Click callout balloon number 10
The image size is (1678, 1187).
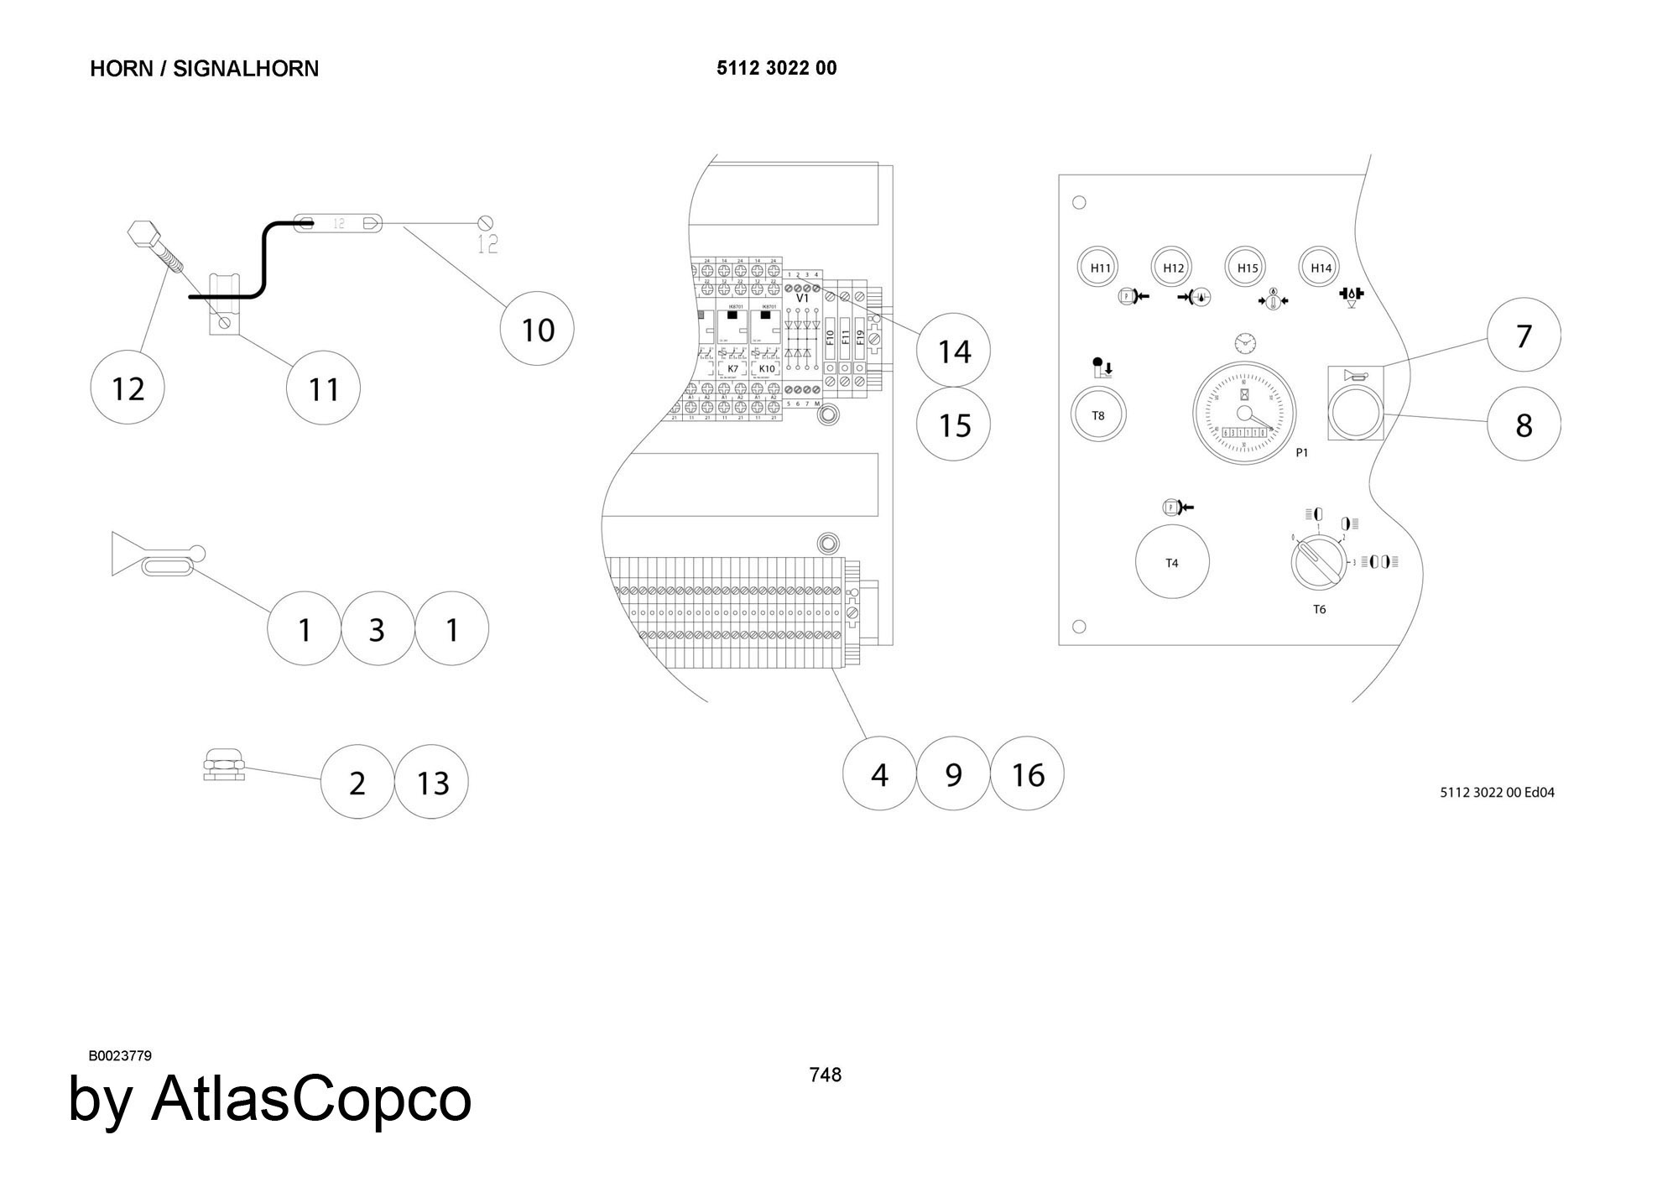(x=537, y=329)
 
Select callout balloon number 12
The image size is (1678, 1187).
(x=128, y=388)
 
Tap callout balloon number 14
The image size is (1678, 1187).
(x=953, y=351)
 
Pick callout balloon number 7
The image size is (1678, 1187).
(x=1524, y=336)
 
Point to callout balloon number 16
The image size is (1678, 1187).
(x=1027, y=773)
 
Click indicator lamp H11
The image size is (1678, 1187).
(x=1100, y=268)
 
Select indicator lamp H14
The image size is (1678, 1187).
(x=1321, y=268)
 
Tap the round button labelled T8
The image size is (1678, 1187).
(x=1098, y=415)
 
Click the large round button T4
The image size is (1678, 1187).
(x=1172, y=562)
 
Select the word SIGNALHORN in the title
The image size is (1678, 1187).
(x=246, y=68)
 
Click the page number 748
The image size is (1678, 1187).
(x=825, y=1075)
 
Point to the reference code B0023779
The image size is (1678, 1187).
(x=120, y=1055)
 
